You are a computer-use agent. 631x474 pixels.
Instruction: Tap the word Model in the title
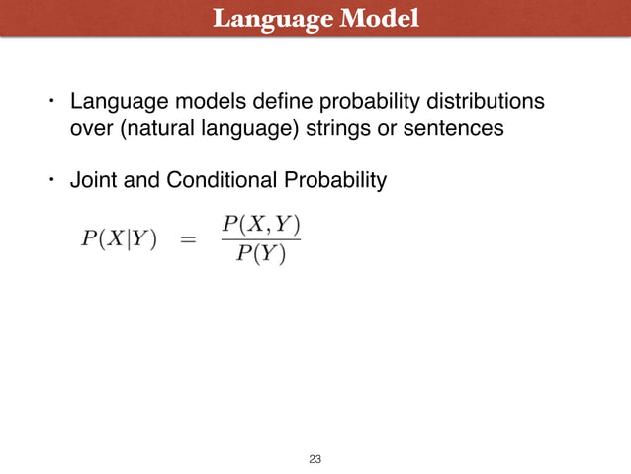pyautogui.click(x=378, y=19)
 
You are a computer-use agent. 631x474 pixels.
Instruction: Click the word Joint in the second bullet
pyautogui.click(x=90, y=181)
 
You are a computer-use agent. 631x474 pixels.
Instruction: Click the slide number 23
pyautogui.click(x=315, y=459)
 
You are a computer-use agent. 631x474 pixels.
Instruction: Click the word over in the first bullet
pyautogui.click(x=88, y=128)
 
